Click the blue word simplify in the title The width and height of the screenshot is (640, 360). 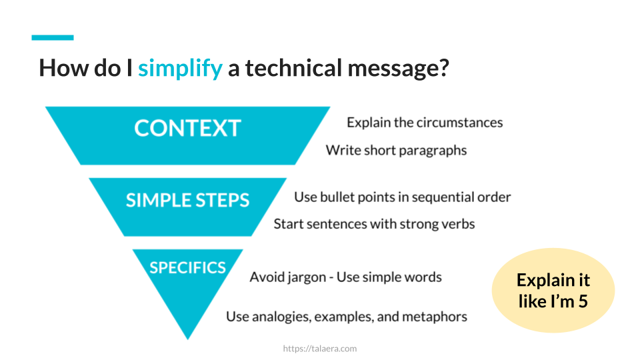point(180,68)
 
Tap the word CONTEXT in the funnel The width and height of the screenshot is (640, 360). point(187,128)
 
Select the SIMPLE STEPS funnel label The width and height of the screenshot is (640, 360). point(187,200)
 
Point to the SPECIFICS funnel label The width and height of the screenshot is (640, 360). point(187,267)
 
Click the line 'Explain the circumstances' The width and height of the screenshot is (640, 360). point(425,123)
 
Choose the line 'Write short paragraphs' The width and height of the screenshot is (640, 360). point(396,150)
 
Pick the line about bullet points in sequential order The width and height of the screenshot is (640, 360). point(402,197)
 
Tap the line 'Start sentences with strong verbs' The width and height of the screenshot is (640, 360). point(374,224)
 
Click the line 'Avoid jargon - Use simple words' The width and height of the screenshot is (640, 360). point(345,277)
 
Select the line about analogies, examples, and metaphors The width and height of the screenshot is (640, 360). point(346,317)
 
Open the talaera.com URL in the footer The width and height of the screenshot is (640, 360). point(320,348)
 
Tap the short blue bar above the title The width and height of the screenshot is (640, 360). point(53,37)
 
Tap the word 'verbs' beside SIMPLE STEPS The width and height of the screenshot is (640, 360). point(458,224)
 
